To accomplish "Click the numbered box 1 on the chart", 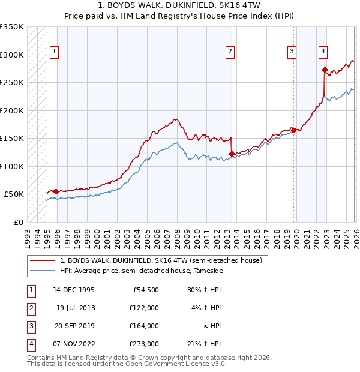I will pos(54,52).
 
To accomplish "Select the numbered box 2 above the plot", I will pos(230,52).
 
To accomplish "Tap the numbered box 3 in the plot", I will pos(292,52).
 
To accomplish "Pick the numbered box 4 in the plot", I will pos(323,52).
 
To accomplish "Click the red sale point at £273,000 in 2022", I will pos(325,70).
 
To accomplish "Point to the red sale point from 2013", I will pos(232,154).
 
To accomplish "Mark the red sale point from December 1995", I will pos(56,191).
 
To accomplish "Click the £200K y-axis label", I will pos(12,110).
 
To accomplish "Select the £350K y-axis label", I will pos(12,27).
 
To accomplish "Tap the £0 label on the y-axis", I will pos(17,222).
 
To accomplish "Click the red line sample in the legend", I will pos(42,261).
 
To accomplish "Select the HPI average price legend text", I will pos(141,271).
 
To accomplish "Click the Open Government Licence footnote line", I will pos(127,364).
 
